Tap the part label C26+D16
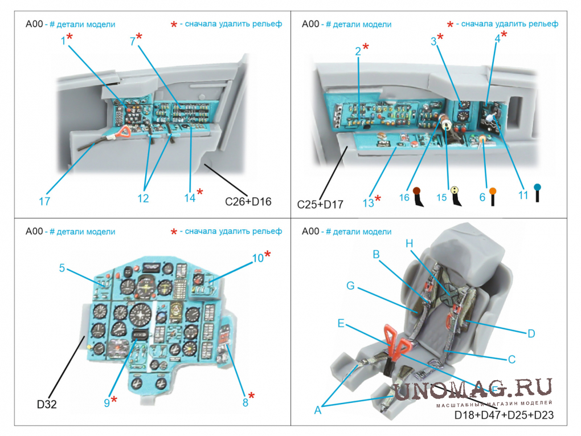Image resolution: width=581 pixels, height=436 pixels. tap(248, 201)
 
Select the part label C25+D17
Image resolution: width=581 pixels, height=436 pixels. tap(320, 204)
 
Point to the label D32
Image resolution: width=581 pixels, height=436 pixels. tap(47, 405)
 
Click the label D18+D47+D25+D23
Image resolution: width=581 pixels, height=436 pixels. tap(504, 416)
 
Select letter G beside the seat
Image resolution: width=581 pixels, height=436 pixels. tap(350, 286)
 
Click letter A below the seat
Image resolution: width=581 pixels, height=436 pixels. tap(317, 409)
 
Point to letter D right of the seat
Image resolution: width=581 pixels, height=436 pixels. tap(531, 333)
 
